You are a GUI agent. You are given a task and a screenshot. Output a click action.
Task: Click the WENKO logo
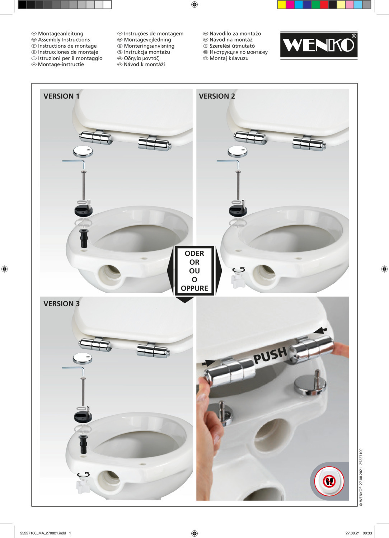click(319, 45)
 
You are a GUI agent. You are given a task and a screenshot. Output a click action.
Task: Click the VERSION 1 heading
click(61, 96)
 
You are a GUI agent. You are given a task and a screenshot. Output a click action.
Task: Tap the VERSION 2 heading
click(217, 96)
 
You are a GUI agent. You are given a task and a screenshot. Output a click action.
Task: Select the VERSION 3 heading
click(61, 303)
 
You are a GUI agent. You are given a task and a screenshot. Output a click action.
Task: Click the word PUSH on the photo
click(271, 355)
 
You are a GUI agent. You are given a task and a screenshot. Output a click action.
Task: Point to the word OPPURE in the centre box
click(194, 288)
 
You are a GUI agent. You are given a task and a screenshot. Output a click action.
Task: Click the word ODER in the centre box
click(194, 253)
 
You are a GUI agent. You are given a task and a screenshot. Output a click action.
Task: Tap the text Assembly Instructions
click(64, 39)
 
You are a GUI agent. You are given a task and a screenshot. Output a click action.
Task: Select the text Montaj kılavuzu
click(229, 58)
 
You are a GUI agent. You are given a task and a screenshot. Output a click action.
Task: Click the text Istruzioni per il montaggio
click(70, 58)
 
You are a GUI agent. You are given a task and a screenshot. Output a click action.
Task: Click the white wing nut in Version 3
click(83, 486)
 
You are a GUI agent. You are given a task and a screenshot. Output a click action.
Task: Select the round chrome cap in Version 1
click(83, 152)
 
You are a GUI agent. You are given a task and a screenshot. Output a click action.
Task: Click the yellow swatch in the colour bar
click(282, 5)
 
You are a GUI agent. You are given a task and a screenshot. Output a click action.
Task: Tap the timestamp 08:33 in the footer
click(367, 533)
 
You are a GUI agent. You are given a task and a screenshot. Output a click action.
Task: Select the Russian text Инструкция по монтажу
click(239, 52)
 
